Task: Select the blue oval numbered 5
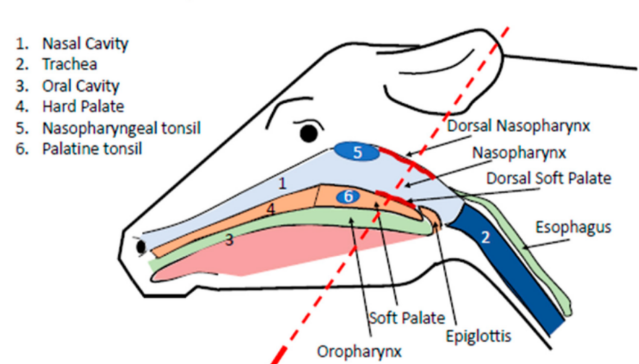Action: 357,153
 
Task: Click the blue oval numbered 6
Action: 348,196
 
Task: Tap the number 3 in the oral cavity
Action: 229,240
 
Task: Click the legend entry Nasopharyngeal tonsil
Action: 121,128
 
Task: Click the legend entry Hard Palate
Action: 83,107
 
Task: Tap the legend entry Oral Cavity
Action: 80,86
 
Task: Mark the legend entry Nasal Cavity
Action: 84,43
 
